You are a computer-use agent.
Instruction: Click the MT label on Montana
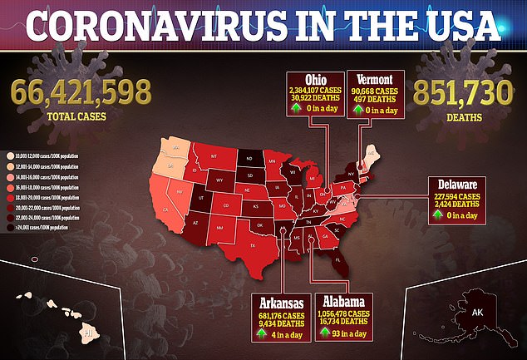[x=214, y=156]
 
